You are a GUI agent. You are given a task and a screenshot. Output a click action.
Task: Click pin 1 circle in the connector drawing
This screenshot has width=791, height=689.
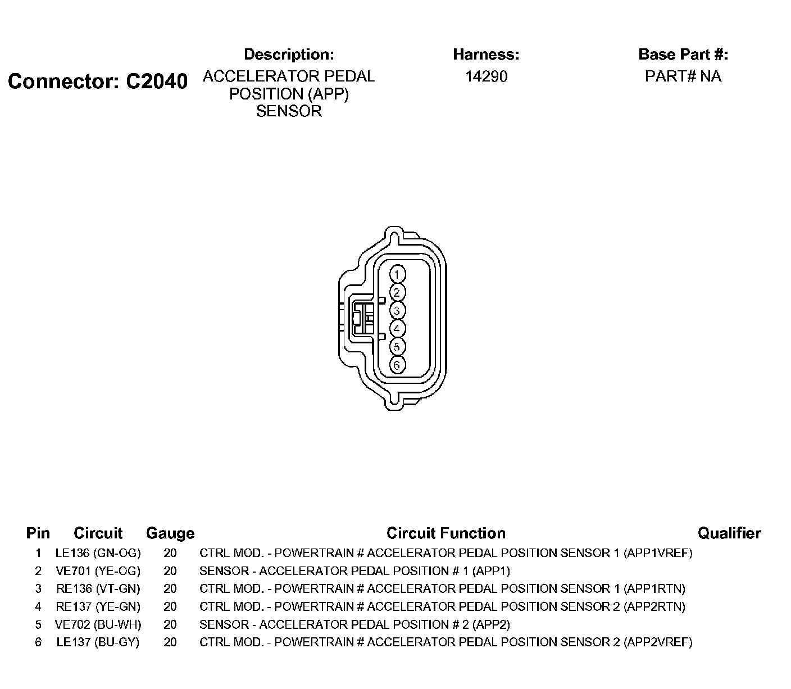[397, 274]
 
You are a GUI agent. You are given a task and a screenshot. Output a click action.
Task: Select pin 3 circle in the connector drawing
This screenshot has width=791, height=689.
[397, 311]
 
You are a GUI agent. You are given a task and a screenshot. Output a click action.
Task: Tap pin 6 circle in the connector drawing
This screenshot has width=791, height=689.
[397, 365]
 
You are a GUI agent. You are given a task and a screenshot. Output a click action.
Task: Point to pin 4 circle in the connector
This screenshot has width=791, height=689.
[397, 329]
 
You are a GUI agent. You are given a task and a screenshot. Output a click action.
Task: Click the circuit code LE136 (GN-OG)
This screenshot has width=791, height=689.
[98, 552]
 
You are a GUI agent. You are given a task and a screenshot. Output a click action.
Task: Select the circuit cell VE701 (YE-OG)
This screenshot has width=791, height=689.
[98, 570]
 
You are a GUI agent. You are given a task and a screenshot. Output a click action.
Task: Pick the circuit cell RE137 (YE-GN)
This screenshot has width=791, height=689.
[98, 606]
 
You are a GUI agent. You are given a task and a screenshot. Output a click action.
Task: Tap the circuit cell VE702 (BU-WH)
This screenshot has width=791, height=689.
[98, 624]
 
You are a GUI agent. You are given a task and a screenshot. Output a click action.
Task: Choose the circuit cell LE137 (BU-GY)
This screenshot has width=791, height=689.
[98, 642]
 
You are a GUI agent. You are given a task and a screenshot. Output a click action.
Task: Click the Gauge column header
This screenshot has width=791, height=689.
[170, 533]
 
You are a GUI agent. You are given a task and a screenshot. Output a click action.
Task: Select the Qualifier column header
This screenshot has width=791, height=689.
[729, 533]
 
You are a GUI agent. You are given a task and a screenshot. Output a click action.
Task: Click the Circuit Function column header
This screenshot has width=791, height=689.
[445, 533]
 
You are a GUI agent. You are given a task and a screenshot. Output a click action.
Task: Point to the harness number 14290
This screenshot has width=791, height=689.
[486, 76]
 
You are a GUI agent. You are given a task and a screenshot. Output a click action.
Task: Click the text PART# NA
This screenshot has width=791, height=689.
[683, 76]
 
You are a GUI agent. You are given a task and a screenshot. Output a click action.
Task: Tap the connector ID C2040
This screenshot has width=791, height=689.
[156, 81]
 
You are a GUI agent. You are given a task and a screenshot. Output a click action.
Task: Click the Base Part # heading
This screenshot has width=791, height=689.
[683, 55]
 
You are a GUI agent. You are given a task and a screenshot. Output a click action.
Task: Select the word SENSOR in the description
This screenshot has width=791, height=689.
[289, 111]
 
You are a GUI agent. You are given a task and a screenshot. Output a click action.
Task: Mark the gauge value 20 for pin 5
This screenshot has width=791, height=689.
[170, 624]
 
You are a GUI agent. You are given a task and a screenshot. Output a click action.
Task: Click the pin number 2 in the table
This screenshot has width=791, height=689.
[38, 570]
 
